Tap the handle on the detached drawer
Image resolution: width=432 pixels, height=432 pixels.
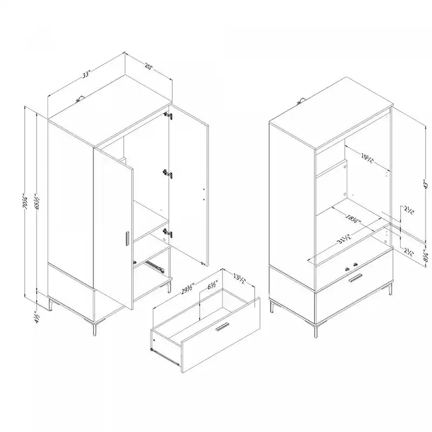click(x=221, y=328)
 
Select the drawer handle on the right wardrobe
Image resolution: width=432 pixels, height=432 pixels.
click(x=355, y=279)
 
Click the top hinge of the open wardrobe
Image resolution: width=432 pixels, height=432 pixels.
click(x=169, y=116)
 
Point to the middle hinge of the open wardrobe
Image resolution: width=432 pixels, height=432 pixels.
click(x=168, y=173)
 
